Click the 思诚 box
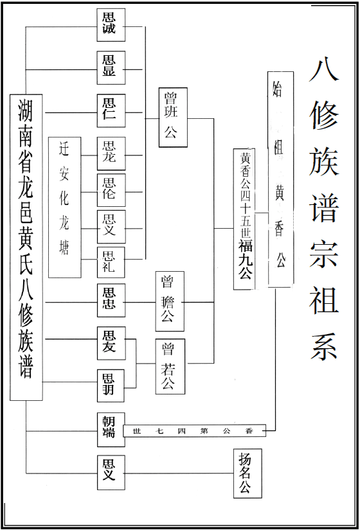(111, 25)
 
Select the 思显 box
(111, 67)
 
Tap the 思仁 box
(111, 110)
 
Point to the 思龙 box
(111, 154)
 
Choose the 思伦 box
(111, 190)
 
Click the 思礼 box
(111, 262)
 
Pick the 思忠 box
(111, 301)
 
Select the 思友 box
(111, 343)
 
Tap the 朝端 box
(111, 430)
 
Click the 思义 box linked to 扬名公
(111, 473)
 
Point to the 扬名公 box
(248, 473)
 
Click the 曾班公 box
(173, 118)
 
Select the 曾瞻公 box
(170, 301)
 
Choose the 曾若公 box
(170, 366)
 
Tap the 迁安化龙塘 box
(65, 208)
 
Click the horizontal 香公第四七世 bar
(195, 430)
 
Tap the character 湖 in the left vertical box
(26, 111)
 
